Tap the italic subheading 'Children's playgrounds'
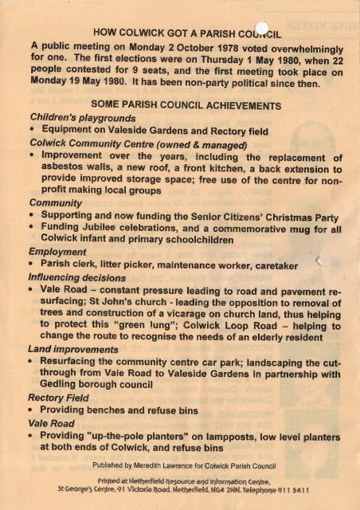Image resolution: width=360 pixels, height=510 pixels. coord(73,116)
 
